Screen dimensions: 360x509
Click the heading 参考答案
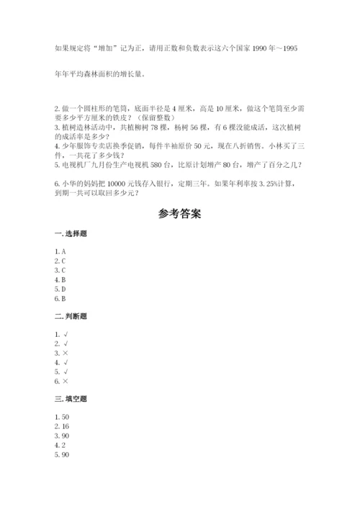179,214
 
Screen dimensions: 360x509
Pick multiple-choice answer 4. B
60,279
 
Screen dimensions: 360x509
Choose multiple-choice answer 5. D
60,289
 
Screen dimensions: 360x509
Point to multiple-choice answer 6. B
60,298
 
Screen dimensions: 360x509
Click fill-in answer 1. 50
62,417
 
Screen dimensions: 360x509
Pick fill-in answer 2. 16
62,426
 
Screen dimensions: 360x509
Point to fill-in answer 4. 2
60,445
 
